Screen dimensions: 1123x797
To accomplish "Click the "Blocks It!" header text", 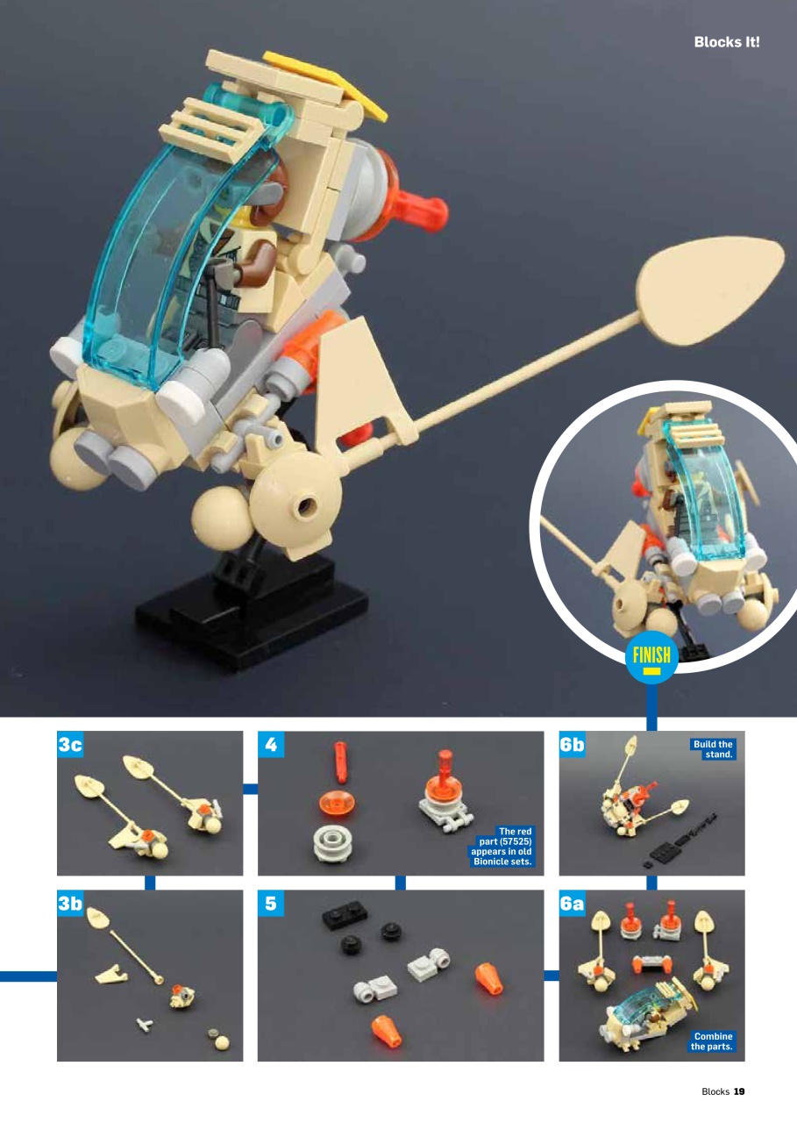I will coord(726,42).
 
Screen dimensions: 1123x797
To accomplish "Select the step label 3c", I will coord(70,745).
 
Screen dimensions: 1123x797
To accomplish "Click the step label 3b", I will coord(70,905).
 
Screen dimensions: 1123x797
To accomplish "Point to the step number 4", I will coord(270,745).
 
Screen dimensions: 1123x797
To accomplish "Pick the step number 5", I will coord(270,905).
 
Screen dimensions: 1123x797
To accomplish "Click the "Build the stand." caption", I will coord(713,749).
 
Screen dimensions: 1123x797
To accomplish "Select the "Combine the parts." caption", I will coord(712,1041).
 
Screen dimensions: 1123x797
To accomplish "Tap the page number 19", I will coord(738,1091).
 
